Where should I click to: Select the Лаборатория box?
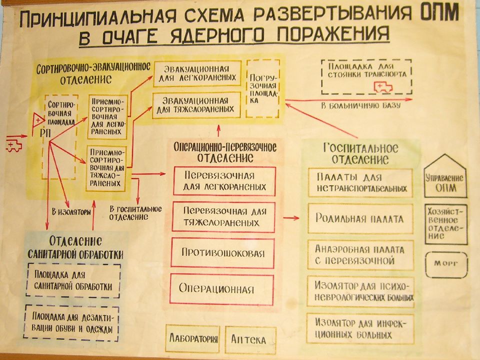point(193,338)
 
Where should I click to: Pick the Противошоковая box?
point(222,253)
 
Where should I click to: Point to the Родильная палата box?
point(359,218)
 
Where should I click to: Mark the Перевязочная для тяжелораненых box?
point(222,217)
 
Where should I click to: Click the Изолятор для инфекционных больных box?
point(359,328)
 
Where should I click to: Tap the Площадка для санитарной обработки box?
point(72,280)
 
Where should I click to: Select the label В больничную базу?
point(360,105)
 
